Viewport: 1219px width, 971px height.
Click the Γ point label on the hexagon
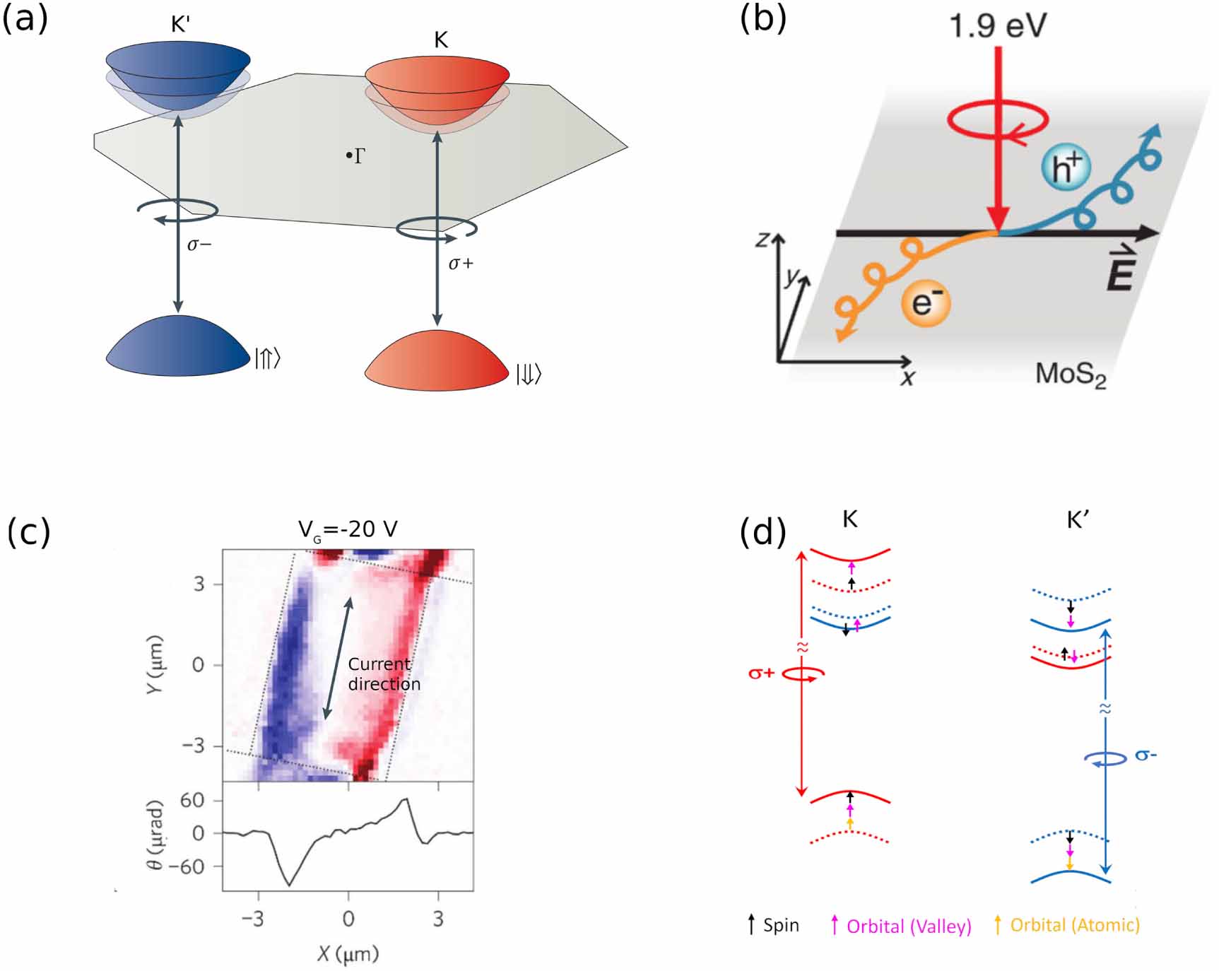pos(358,155)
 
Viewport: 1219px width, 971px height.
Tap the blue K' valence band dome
pos(177,346)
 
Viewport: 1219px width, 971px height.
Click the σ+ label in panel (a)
pos(461,264)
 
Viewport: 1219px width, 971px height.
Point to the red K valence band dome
pos(436,361)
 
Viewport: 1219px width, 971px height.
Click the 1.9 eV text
pos(997,26)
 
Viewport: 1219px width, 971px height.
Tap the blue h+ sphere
pos(1066,167)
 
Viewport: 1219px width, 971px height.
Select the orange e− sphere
pos(926,302)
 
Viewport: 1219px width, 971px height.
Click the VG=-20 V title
pos(347,529)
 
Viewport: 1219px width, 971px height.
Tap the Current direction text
pos(384,674)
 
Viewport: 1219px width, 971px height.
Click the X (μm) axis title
pos(348,953)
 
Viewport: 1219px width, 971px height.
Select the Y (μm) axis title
pos(155,664)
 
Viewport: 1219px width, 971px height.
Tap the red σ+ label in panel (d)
pos(761,673)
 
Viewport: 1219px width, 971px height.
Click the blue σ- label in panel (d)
pos(1146,755)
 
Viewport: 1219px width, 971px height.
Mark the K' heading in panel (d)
pos(1078,521)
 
